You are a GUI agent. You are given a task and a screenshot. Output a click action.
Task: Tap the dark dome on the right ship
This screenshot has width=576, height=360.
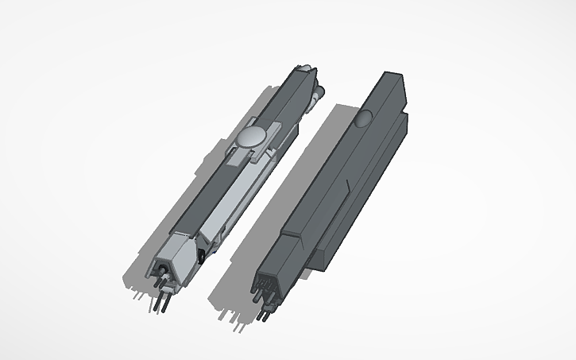tap(362, 120)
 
